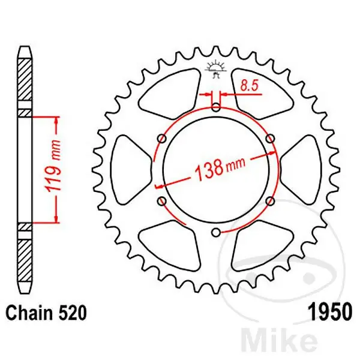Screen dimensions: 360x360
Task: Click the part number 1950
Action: coord(329,313)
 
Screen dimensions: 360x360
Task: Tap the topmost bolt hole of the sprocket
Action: coord(216,108)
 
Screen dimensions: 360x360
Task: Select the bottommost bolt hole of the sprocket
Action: coord(216,232)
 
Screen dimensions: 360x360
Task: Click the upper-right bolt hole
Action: coord(270,139)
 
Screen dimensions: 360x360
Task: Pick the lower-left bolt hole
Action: coord(161,201)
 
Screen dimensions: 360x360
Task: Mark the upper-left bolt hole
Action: coord(161,139)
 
